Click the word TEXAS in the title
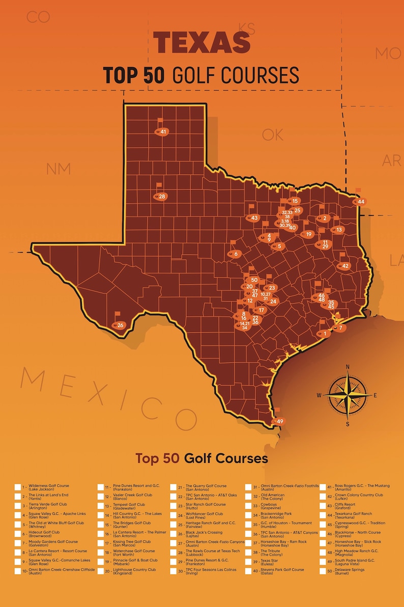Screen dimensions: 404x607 202,42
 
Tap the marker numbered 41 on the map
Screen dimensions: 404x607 163,132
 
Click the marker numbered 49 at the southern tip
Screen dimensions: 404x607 279,421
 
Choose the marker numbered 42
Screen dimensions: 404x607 345,266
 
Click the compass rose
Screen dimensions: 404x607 348,395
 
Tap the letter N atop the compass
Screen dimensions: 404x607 348,367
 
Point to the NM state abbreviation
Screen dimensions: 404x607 58,168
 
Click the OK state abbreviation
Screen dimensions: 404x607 272,134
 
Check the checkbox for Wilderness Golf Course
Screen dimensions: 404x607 18,487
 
